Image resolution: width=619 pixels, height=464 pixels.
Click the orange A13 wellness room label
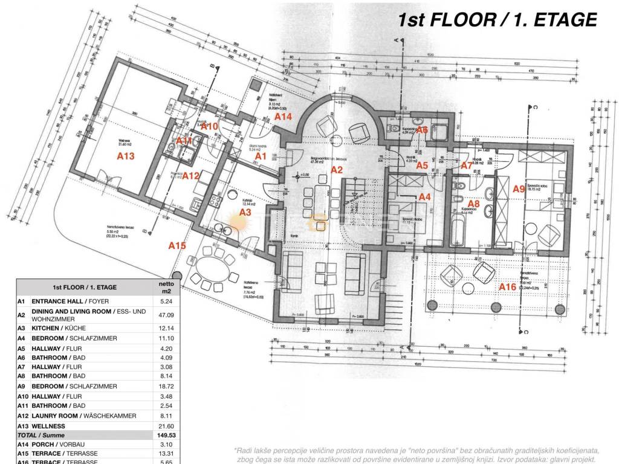[125, 156]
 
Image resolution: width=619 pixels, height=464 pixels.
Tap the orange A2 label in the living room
[337, 170]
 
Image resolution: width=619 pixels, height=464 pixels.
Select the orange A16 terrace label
[507, 286]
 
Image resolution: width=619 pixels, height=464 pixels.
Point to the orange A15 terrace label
[177, 245]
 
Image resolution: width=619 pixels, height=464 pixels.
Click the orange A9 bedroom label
[519, 188]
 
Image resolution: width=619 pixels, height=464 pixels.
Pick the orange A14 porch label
[284, 116]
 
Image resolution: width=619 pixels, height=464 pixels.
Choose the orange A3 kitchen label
[245, 212]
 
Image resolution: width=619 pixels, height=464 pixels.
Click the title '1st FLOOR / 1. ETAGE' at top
[497, 20]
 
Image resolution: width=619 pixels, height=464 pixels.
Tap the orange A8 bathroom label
[474, 204]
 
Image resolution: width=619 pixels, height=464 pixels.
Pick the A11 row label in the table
[21, 406]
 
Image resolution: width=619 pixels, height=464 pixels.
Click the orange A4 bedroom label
[425, 196]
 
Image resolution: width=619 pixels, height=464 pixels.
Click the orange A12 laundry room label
[191, 176]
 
